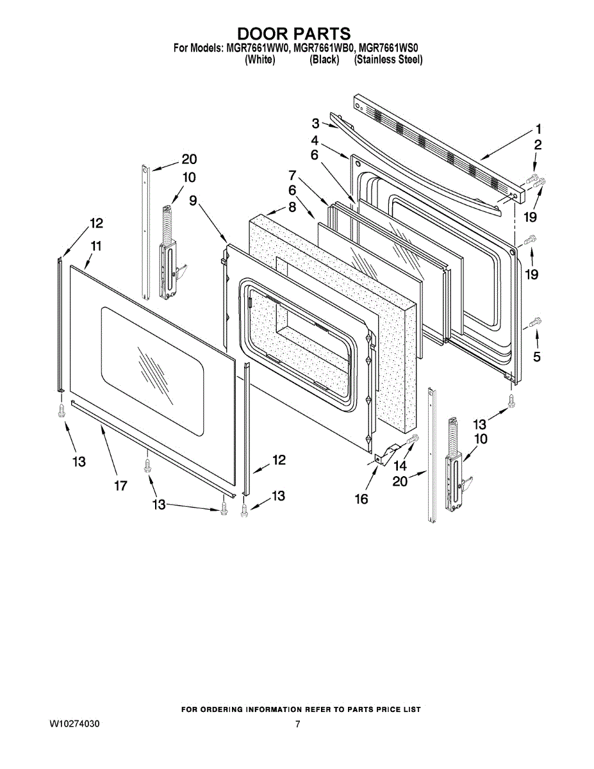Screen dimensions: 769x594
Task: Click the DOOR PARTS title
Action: [x=294, y=33]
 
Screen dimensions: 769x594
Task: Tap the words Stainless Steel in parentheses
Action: [x=388, y=60]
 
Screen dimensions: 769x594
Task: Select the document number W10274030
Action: [x=74, y=724]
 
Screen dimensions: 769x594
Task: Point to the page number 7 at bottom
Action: [x=297, y=724]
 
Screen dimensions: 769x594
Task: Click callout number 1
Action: [x=538, y=128]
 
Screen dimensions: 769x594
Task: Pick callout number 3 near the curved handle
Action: [x=316, y=123]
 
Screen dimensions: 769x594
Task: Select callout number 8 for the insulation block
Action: [x=292, y=207]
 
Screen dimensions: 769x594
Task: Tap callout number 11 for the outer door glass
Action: [x=96, y=246]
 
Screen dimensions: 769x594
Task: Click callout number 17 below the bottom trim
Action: [x=120, y=486]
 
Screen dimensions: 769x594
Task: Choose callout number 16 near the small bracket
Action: [x=361, y=499]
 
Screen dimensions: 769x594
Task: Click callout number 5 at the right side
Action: [x=537, y=356]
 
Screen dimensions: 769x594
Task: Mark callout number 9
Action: [x=192, y=200]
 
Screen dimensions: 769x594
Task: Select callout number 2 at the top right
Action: [x=538, y=145]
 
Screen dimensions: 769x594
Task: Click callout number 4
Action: [x=315, y=140]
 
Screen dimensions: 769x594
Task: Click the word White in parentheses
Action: [x=260, y=60]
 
